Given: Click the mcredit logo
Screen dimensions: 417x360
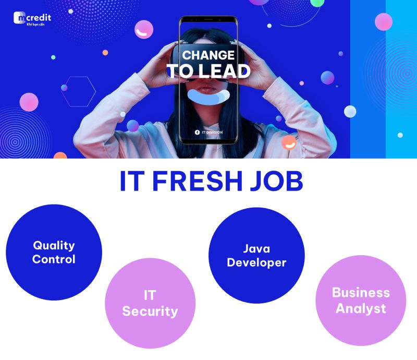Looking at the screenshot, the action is click(x=32, y=18).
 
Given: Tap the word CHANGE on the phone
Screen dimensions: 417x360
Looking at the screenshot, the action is click(x=208, y=55).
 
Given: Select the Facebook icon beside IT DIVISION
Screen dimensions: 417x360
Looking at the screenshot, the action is click(x=197, y=133).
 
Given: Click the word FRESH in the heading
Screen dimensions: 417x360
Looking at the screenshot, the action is click(x=197, y=181).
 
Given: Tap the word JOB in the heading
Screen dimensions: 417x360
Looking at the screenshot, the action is click(x=277, y=181).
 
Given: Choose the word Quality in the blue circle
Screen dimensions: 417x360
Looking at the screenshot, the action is click(x=54, y=245).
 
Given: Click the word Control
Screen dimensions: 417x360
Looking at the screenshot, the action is click(x=54, y=259).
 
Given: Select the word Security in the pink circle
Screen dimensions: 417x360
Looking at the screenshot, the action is click(x=150, y=311).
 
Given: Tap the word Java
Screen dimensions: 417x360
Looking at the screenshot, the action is click(x=256, y=249).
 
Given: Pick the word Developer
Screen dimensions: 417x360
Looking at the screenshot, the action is click(x=256, y=262).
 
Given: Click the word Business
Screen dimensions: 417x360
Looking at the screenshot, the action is click(x=361, y=292).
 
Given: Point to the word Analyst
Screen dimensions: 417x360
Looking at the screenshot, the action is click(x=361, y=309).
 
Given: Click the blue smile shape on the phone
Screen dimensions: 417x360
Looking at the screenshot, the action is click(x=209, y=97).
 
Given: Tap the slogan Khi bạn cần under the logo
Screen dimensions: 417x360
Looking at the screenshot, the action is click(x=35, y=25).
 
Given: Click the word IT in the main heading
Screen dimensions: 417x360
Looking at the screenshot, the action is click(x=132, y=181).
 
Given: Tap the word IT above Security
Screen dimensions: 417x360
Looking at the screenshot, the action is click(x=150, y=295).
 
